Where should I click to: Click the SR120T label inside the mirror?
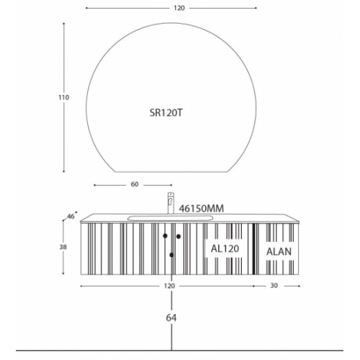pyautogui.click(x=166, y=112)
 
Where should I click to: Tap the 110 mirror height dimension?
pyautogui.click(x=63, y=97)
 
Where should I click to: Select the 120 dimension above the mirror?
pyautogui.click(x=179, y=8)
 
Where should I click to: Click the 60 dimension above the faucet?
pyautogui.click(x=135, y=184)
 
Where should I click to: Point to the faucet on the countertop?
pyautogui.click(x=171, y=203)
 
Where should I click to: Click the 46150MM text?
pyautogui.click(x=202, y=208)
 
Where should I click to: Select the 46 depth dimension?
pyautogui.click(x=71, y=217)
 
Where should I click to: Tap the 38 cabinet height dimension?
pyautogui.click(x=63, y=247)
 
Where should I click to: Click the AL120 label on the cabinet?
pyautogui.click(x=225, y=248)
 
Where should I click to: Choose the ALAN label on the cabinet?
pyautogui.click(x=279, y=251)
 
